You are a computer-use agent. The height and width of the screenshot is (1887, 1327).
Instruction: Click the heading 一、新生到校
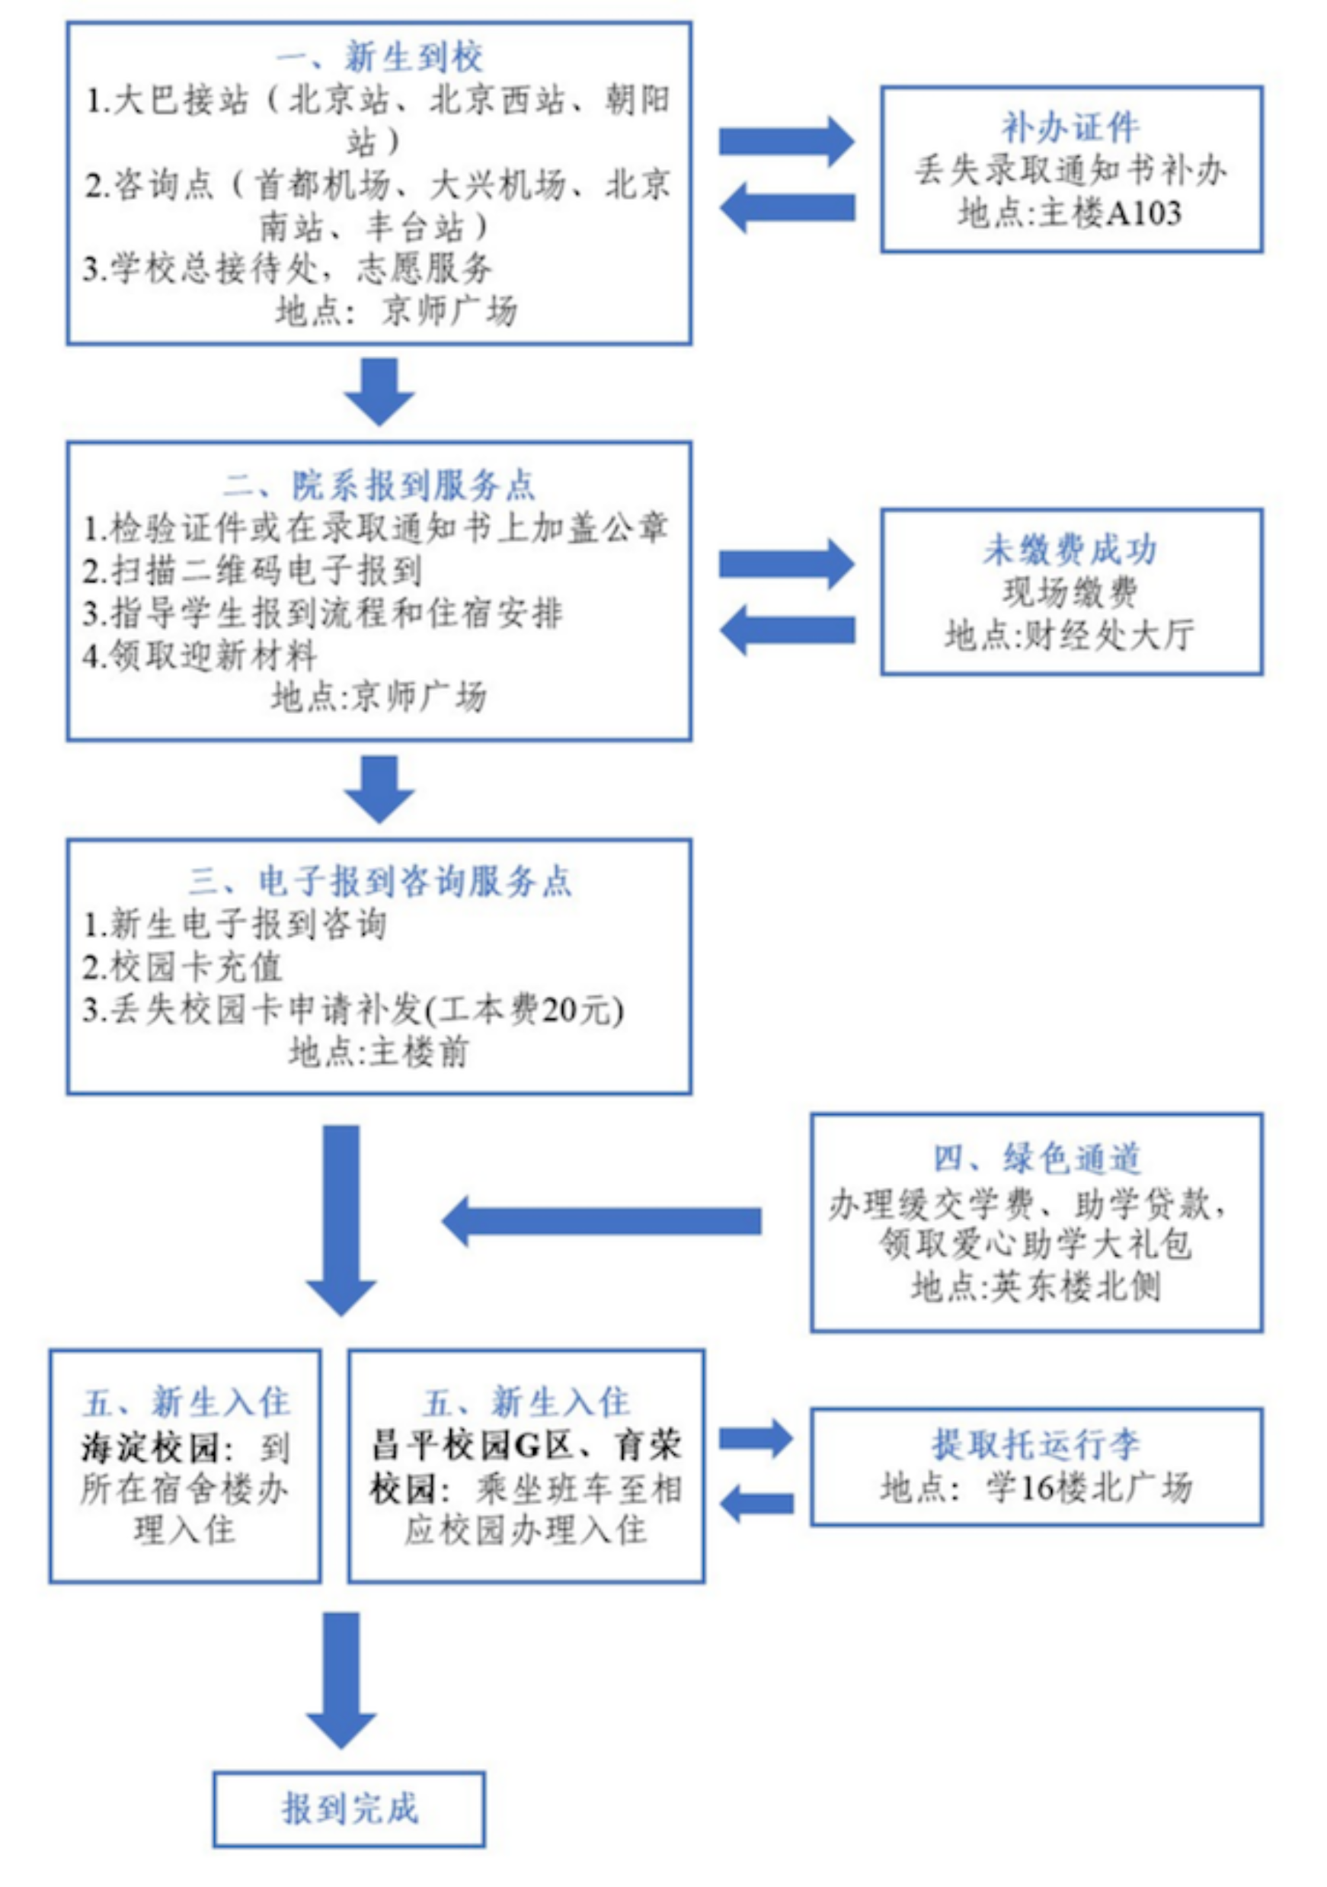(x=379, y=57)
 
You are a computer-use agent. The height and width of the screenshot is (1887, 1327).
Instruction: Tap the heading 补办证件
(x=1070, y=127)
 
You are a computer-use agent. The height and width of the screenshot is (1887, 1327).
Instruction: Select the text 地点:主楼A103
(x=1070, y=213)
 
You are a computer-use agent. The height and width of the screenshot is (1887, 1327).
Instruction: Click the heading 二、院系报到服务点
(x=379, y=485)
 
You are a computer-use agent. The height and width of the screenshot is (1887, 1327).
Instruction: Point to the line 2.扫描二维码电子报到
(x=252, y=570)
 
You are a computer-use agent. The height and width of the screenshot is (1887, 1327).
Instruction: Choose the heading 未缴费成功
(x=1070, y=549)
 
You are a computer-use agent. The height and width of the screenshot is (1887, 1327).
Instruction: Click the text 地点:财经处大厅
(x=1070, y=635)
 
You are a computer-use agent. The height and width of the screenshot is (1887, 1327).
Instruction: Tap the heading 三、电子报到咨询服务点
(x=379, y=882)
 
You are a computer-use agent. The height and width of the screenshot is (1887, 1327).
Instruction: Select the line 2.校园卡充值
(x=182, y=967)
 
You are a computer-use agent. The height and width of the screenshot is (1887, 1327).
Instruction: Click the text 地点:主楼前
(x=379, y=1052)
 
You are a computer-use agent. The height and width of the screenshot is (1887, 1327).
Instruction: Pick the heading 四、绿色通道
(x=1036, y=1159)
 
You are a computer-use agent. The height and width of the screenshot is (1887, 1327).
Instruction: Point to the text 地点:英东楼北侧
(x=1036, y=1287)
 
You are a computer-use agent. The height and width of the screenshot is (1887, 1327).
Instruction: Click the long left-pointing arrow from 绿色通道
(x=602, y=1221)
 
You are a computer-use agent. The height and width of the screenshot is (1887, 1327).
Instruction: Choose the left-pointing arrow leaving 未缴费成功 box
(x=786, y=630)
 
